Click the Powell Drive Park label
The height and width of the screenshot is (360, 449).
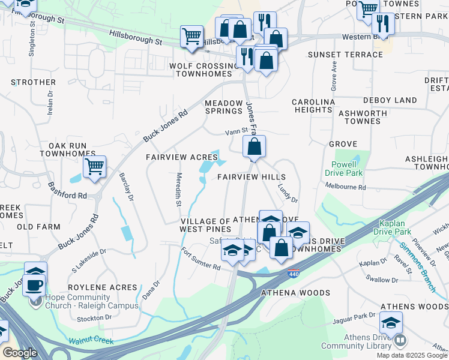[346, 169]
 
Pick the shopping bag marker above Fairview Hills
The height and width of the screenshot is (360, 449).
[255, 146]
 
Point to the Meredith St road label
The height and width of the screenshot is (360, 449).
[178, 190]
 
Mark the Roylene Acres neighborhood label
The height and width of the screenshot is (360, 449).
[97, 287]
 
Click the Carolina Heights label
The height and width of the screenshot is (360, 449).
[313, 106]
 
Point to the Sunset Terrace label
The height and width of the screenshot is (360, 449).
[345, 55]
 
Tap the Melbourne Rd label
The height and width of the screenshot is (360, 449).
[346, 188]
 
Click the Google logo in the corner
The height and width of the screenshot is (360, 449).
[19, 353]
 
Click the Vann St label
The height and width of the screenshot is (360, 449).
[237, 131]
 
